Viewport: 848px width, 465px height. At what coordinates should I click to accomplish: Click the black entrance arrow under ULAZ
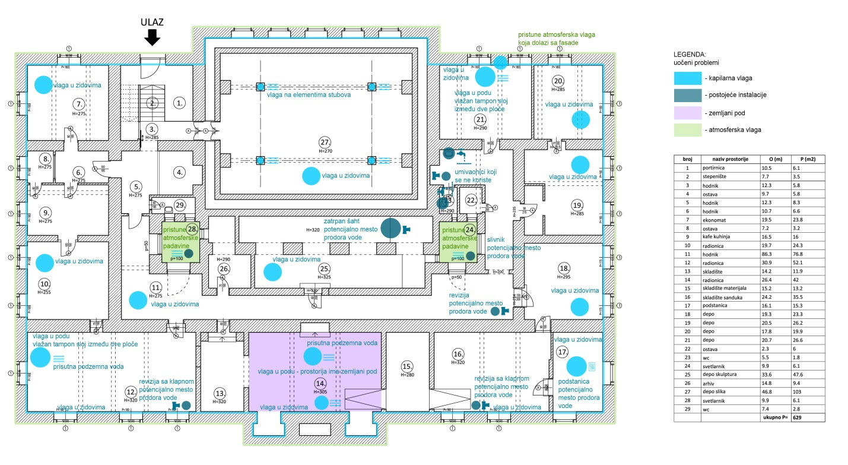153,37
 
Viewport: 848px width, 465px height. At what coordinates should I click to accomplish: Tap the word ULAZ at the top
152,23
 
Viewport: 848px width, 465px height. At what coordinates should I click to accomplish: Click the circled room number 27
325,143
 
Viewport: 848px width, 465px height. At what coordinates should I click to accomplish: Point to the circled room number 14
320,383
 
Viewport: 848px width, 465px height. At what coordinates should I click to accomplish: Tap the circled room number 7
79,105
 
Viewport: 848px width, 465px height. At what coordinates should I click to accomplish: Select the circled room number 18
564,268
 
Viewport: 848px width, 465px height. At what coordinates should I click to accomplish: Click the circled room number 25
324,268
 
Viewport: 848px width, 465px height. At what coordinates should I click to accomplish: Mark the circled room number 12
131,391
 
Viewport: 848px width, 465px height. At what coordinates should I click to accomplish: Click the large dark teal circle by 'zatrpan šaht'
390,229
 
